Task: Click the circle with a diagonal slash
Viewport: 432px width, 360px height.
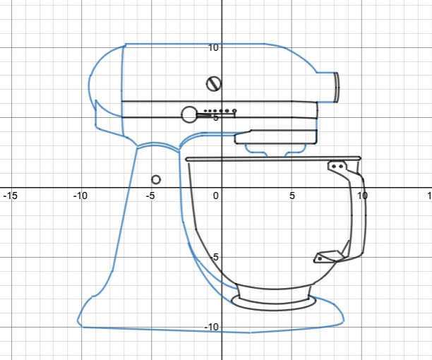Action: tap(213, 84)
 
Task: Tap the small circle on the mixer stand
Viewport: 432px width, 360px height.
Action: tap(156, 179)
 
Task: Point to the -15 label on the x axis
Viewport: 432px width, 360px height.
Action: tap(9, 196)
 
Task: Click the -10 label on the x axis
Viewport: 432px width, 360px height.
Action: tap(80, 196)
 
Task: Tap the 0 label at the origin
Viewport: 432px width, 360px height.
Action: tap(217, 196)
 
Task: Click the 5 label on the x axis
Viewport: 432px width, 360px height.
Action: tap(292, 196)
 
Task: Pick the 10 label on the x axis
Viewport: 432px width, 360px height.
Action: tap(362, 196)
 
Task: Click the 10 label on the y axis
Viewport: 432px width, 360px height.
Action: tap(212, 47)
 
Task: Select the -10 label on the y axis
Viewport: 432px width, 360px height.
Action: tap(210, 327)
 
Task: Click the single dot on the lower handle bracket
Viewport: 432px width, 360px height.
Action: tap(320, 258)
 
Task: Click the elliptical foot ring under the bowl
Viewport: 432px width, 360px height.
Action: tap(274, 304)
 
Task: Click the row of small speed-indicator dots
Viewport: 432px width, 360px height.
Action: tap(220, 111)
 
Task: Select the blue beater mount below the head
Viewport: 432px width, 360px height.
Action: tap(275, 148)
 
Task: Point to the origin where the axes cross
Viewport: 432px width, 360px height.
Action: tap(222, 188)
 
